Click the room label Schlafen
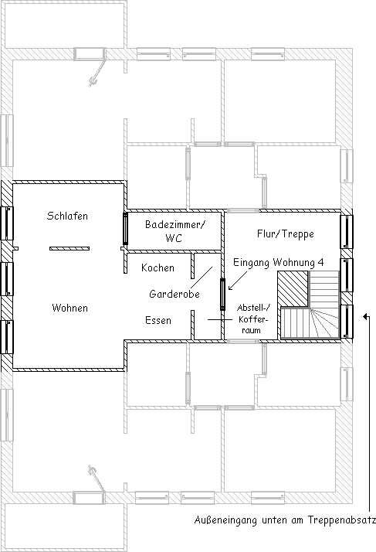coord(67,216)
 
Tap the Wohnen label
coord(69,308)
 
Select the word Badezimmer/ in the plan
coord(174,225)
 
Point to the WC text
coord(174,238)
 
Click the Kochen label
coord(158,268)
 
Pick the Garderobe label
coord(174,294)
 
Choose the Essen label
coord(158,320)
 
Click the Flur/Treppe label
coord(285,234)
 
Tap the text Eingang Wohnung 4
coord(278,263)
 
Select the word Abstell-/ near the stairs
coord(253,308)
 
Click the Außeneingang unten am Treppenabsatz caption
coord(285,520)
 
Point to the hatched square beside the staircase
coord(293,288)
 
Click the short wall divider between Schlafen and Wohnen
coord(69,248)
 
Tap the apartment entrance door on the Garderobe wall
coord(222,295)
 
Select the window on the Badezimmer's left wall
coord(125,229)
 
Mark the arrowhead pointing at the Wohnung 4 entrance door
coord(230,288)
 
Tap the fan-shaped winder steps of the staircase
coord(324,323)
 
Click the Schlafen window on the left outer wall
coord(7,223)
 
